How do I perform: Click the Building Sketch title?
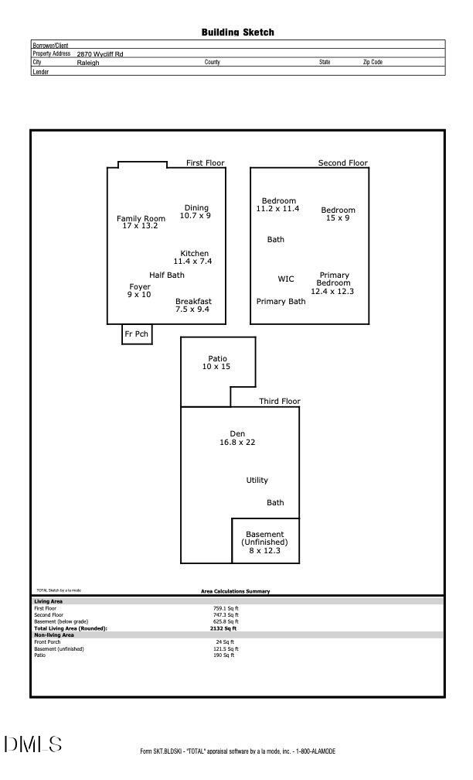237,32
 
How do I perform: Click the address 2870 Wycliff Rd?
100,54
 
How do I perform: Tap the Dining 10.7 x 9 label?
196,212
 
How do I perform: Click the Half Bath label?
167,275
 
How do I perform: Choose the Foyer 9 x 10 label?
139,291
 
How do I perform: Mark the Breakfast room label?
193,306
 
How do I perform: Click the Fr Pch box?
136,334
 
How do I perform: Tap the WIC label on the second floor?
286,279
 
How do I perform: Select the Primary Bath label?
281,302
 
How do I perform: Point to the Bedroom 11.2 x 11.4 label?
278,205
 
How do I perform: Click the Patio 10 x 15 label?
217,362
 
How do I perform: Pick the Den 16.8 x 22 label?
237,438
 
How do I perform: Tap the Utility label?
257,481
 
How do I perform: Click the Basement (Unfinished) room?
265,542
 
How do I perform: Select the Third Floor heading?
279,402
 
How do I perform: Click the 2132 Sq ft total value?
225,629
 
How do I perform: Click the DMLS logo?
32,744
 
